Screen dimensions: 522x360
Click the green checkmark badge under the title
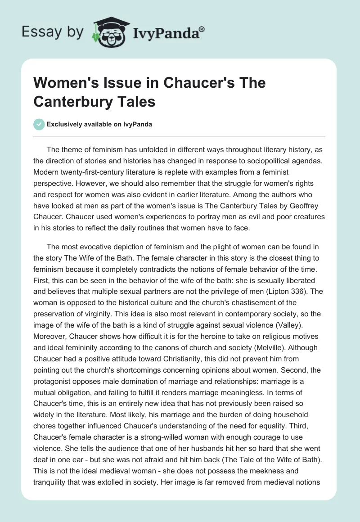point(39,124)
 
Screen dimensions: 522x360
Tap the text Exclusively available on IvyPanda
point(100,125)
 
